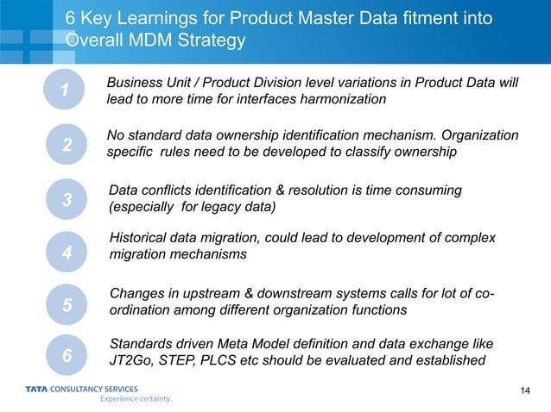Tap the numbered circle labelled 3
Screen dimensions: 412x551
66,200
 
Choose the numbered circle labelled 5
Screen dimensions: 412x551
66,306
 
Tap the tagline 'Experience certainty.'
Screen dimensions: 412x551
136,399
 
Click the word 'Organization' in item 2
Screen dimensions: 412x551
480,136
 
